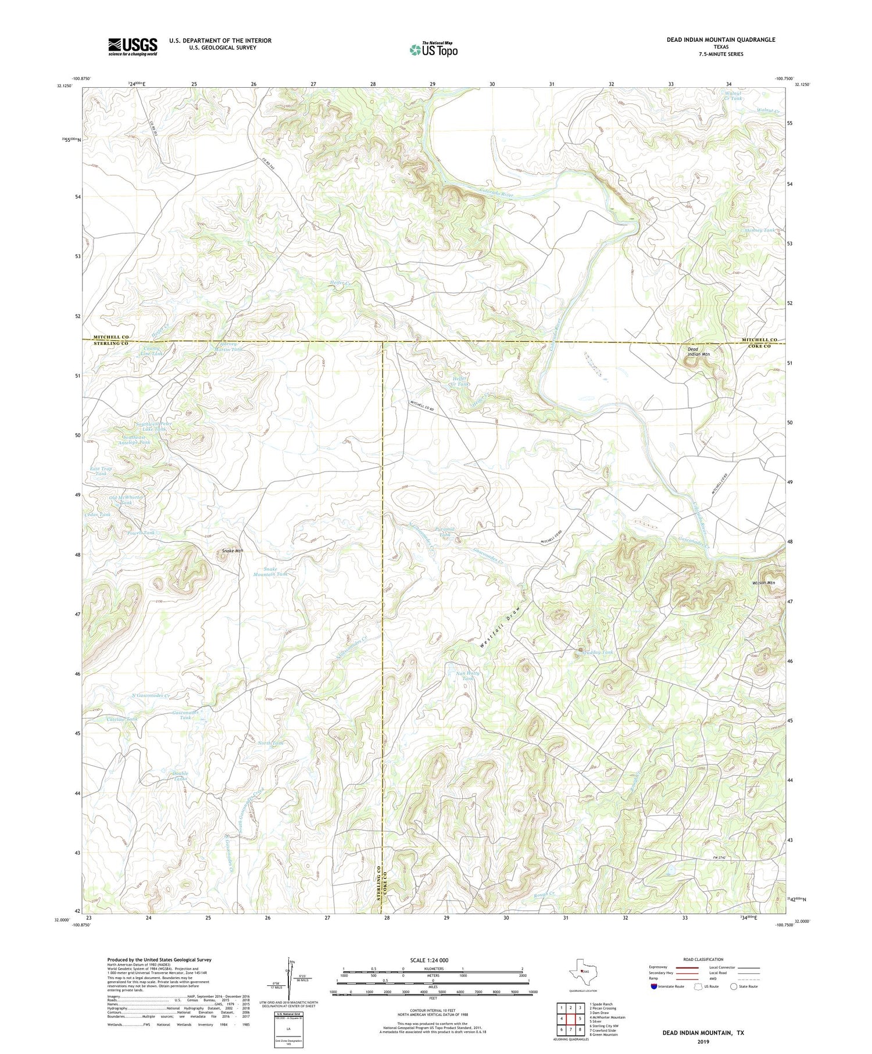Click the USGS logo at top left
point(133,47)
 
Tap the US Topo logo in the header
point(433,49)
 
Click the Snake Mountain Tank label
point(267,571)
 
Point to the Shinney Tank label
point(759,230)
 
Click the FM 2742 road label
point(720,858)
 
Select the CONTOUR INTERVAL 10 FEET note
point(433,1010)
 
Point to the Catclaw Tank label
point(122,719)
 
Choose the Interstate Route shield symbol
point(655,987)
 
